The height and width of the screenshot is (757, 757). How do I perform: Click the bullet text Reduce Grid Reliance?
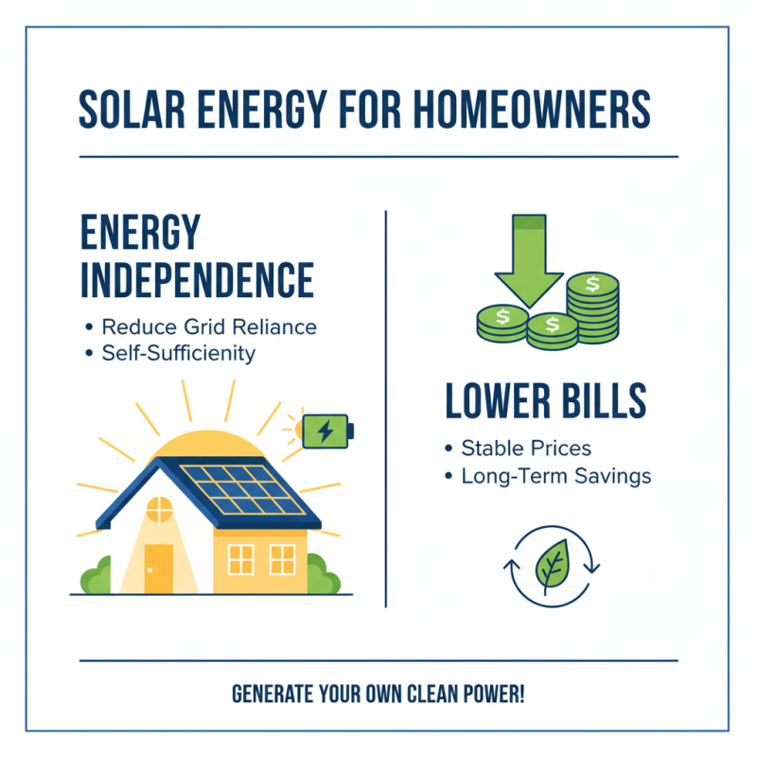(209, 327)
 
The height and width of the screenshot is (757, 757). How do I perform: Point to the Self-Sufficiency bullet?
(179, 354)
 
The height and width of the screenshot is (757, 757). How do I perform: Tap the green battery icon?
(325, 431)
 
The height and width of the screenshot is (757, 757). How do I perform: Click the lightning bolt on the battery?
(325, 431)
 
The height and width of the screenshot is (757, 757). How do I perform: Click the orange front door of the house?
(159, 567)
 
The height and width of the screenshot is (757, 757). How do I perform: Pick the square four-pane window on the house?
(241, 559)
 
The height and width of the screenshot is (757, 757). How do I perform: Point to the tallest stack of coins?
(592, 307)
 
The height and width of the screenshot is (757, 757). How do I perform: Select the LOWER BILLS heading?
(546, 402)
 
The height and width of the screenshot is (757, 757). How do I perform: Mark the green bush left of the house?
(92, 574)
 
